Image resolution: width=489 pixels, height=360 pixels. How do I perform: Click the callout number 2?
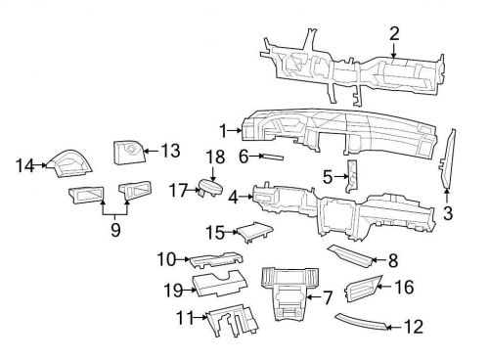394,34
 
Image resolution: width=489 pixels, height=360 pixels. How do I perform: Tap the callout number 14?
24,165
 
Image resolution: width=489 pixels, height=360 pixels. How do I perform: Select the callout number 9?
115,230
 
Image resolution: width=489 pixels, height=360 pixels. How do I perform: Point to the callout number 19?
173,290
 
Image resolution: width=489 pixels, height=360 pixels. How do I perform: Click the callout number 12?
414,327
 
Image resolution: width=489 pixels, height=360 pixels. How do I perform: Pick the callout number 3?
448,213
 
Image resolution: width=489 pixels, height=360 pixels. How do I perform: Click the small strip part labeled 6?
273,157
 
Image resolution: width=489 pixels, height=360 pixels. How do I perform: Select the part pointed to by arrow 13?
128,152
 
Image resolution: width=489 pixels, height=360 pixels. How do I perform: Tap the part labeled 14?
70,163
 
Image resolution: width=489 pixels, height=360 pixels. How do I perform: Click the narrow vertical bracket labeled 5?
352,176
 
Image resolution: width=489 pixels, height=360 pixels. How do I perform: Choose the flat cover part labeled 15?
254,232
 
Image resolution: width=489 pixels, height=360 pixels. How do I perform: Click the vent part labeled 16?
363,289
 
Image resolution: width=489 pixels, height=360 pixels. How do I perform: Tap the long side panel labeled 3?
447,159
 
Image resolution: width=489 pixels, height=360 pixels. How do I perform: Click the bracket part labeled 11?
232,320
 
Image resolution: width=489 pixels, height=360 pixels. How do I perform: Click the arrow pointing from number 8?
379,260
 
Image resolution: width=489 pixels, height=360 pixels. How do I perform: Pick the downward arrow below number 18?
212,174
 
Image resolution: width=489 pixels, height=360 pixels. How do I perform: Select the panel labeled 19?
219,283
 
